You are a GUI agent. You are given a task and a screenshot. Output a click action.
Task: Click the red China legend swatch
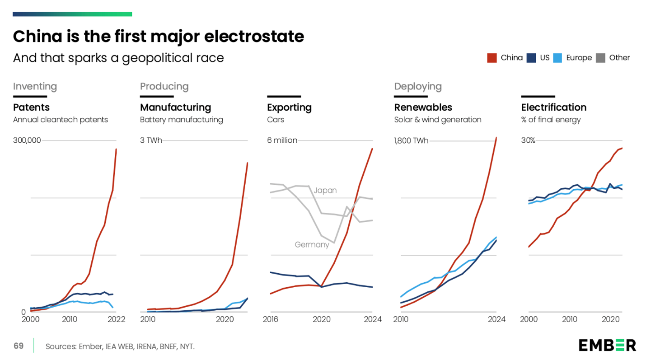pos(492,58)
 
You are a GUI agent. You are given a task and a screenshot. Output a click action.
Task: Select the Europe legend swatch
pos(558,58)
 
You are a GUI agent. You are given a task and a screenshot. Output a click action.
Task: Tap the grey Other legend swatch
pos(600,58)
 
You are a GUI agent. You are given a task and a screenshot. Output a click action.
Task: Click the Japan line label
pos(325,190)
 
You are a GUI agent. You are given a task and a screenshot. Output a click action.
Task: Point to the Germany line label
pos(312,245)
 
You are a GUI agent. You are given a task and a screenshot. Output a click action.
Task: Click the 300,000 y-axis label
pos(27,140)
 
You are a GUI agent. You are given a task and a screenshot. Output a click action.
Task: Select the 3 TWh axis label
pos(151,140)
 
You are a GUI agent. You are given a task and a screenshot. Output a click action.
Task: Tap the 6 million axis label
pos(282,140)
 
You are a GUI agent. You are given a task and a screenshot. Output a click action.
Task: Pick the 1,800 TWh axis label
pos(411,140)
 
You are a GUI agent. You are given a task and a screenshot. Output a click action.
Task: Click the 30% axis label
pos(528,140)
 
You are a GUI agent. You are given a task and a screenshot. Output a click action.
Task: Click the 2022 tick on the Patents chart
pos(117,319)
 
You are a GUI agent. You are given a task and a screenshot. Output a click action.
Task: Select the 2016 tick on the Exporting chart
pos(271,319)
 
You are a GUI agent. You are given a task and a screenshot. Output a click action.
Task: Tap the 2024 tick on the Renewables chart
pos(496,319)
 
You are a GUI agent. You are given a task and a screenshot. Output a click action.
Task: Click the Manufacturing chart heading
pos(176,108)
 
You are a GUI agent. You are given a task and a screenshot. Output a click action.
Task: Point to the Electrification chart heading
pos(554,108)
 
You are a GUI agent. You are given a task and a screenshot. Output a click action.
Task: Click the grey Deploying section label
pos(418,87)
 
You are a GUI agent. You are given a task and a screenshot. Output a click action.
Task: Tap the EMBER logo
pos(607,345)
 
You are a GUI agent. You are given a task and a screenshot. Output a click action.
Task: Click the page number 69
pos(19,346)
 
